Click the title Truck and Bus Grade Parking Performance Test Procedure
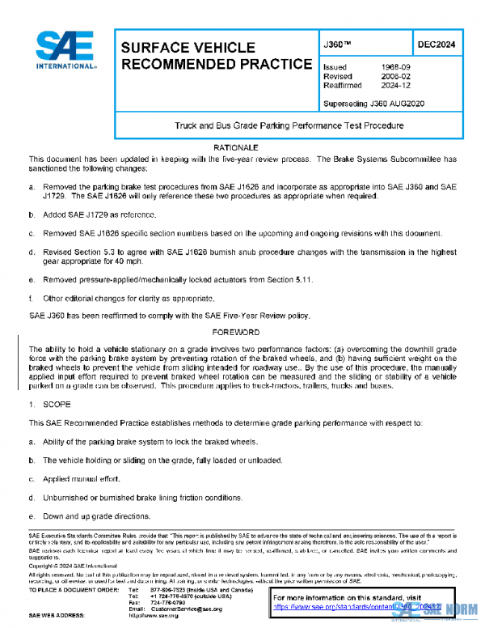pos(289,126)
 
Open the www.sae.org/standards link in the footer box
pos(364,605)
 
